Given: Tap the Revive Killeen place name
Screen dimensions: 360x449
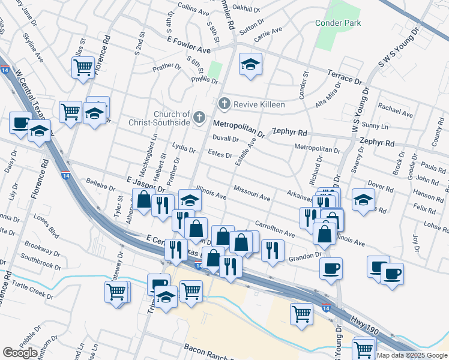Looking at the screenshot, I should coord(259,104).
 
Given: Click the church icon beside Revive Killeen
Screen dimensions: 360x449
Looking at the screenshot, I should coord(225,104).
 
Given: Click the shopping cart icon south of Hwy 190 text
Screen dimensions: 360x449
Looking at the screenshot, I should coord(364,348).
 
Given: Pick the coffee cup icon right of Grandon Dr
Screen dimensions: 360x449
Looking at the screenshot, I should coord(331,269).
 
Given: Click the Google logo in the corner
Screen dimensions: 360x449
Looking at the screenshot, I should coord(20,353).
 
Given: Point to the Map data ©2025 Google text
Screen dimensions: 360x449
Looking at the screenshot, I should coord(412,355).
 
